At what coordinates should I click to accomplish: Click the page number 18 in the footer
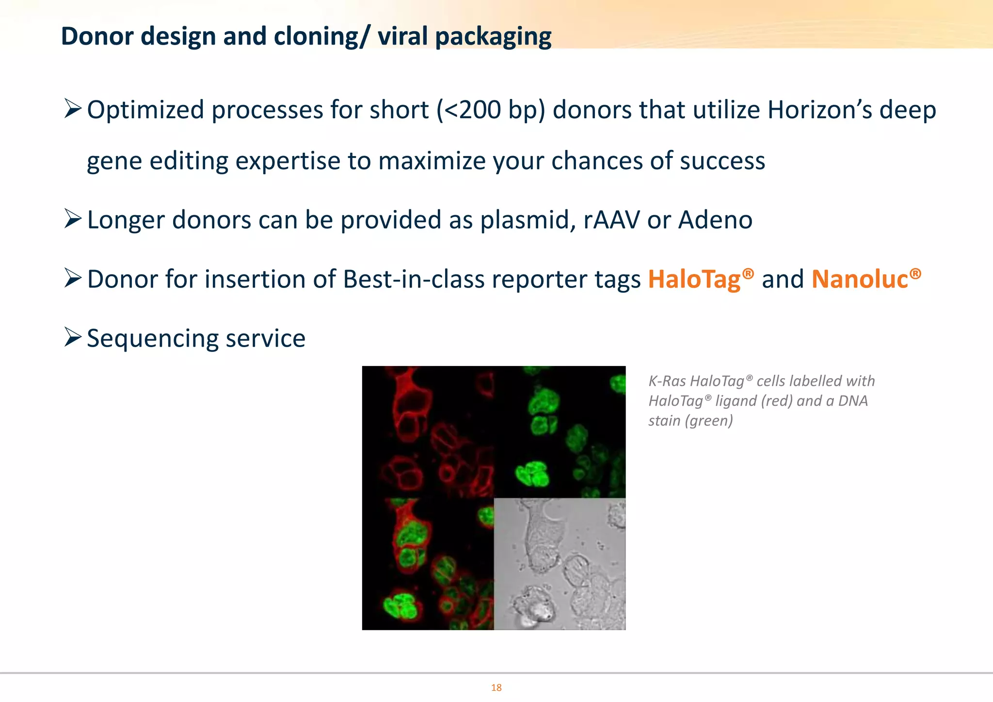[496, 687]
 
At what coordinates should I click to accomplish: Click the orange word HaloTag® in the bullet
[701, 279]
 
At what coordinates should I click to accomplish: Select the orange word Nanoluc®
[866, 279]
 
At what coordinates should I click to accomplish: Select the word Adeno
[715, 220]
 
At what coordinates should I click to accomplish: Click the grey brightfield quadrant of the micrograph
[560, 564]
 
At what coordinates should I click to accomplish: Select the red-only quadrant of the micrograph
[428, 431]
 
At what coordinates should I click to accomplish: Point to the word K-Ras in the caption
[667, 381]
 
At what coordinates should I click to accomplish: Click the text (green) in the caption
[709, 420]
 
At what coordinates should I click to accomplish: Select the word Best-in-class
[414, 279]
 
